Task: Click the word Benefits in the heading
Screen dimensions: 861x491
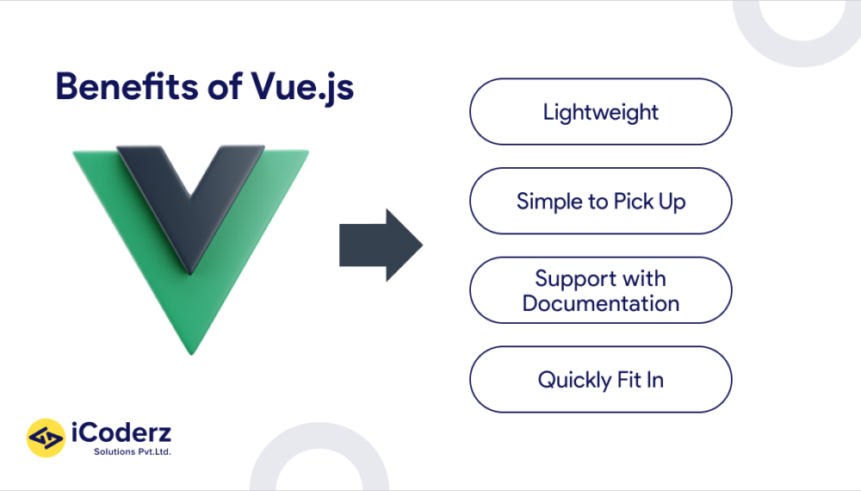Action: click(x=121, y=88)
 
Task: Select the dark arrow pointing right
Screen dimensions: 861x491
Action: click(x=380, y=245)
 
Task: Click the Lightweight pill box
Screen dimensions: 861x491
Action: click(x=600, y=112)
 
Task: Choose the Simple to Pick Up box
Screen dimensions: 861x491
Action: click(x=600, y=202)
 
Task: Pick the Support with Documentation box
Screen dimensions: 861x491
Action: click(x=600, y=290)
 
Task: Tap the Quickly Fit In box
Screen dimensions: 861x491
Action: click(x=600, y=380)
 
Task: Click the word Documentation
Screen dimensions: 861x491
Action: click(x=601, y=303)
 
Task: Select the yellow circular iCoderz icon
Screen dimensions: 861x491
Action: click(x=46, y=438)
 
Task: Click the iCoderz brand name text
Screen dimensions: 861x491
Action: click(x=123, y=432)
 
